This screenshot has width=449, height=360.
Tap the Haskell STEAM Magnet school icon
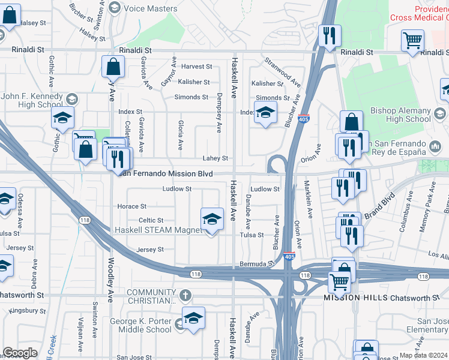(x=211, y=220)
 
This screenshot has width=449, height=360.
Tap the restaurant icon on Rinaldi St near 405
(x=328, y=36)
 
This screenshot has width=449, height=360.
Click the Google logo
(x=20, y=353)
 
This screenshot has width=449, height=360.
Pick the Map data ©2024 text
(x=423, y=355)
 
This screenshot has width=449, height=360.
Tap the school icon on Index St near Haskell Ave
(x=265, y=112)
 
